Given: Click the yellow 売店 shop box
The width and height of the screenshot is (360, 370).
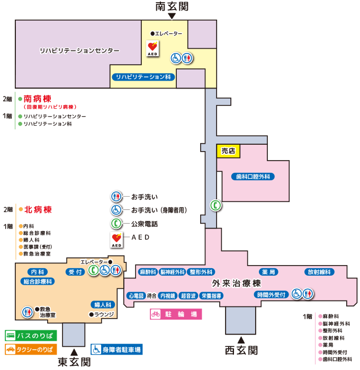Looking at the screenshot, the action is (x=228, y=151).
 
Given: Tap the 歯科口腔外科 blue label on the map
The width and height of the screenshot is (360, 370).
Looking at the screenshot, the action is (x=253, y=177).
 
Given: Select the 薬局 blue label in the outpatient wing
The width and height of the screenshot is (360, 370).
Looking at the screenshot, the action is (x=268, y=272).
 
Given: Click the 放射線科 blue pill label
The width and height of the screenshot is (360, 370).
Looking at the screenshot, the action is (x=319, y=272).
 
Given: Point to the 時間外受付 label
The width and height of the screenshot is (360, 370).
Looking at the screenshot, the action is (x=271, y=295).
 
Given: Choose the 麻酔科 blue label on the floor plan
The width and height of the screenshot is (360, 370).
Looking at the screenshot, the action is (x=148, y=272).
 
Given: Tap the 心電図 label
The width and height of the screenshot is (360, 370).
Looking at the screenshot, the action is (x=136, y=296).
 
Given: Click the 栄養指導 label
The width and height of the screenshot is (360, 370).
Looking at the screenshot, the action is (x=211, y=296).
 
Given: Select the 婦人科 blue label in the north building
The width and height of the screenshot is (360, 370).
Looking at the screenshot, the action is (x=103, y=305).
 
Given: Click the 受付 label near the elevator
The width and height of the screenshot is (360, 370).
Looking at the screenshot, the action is (x=75, y=272).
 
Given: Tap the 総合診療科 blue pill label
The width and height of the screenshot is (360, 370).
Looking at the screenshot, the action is (x=38, y=281).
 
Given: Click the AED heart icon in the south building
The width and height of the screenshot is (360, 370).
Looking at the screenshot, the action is (x=152, y=48).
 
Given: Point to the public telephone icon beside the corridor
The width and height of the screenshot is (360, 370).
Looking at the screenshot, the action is (x=215, y=205).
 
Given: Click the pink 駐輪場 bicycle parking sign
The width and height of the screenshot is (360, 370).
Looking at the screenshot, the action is (x=176, y=314).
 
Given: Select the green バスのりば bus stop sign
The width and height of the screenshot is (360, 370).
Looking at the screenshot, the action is (x=31, y=336).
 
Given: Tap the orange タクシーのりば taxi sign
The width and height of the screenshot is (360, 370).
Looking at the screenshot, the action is (x=31, y=349).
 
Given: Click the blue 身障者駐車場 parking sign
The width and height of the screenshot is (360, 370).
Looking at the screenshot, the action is (x=116, y=349).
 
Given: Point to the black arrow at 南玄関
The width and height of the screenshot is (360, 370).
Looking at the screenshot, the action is (x=172, y=16).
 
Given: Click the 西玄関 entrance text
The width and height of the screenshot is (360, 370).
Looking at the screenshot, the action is (x=241, y=350).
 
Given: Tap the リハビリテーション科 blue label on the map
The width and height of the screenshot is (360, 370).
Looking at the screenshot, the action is (x=143, y=77).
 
